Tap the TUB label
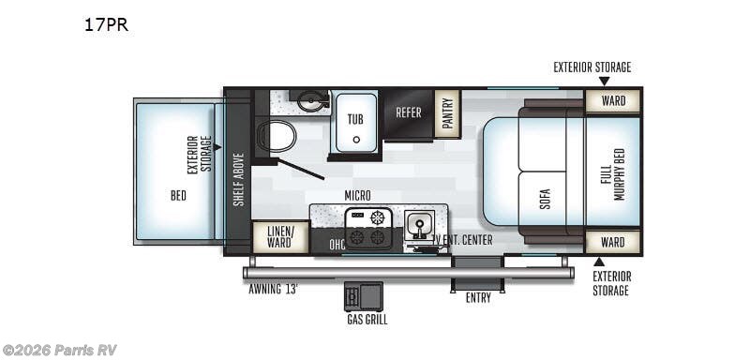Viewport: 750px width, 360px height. (355, 119)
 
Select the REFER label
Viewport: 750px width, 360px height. (408, 112)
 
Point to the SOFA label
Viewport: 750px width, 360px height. (546, 199)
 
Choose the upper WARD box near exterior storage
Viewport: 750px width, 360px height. (613, 101)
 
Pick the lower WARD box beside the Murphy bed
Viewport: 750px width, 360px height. (613, 242)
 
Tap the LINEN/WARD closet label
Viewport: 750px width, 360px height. (279, 236)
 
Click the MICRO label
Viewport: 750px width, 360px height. (357, 195)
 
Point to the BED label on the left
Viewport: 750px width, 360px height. (178, 196)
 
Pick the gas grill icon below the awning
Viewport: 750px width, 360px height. (363, 296)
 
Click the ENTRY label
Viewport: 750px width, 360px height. (478, 297)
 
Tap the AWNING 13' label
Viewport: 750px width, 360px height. (273, 289)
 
